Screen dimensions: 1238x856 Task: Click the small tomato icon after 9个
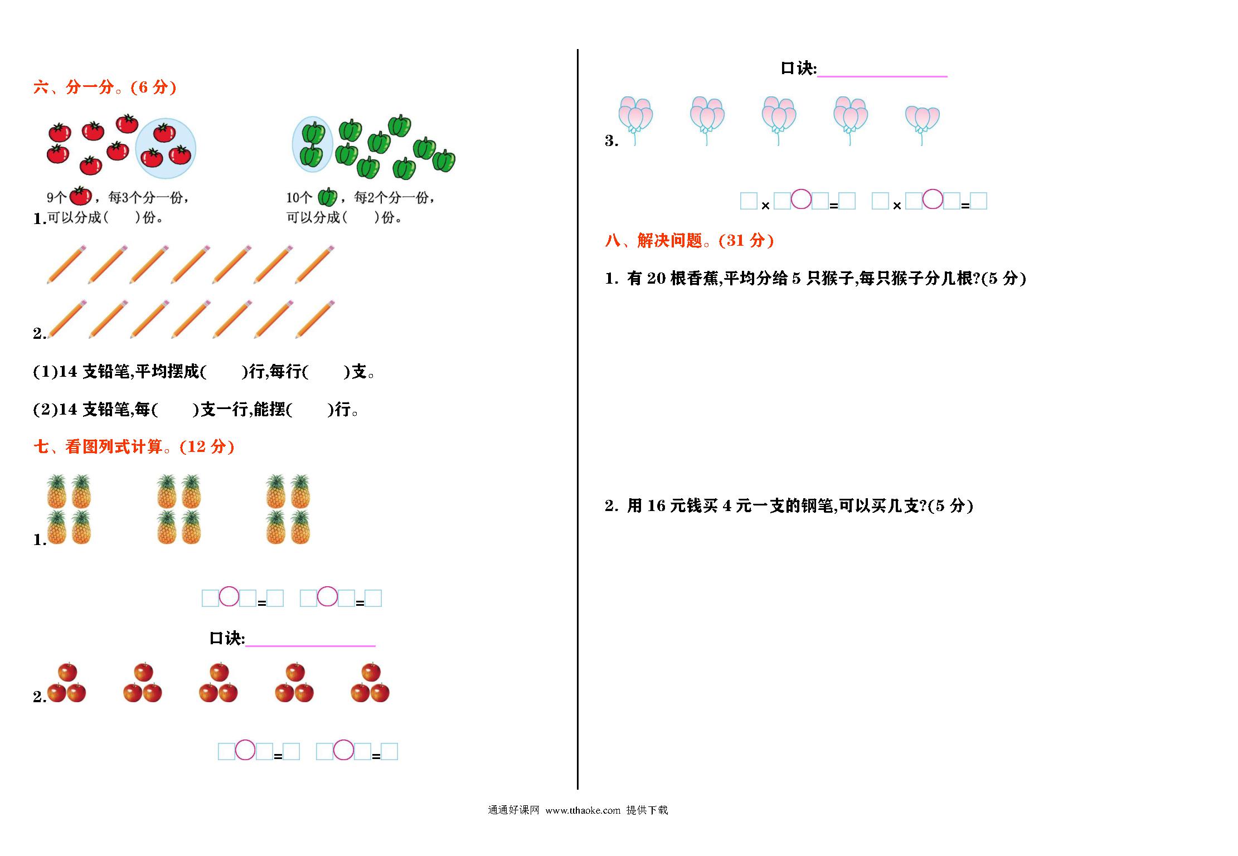[x=80, y=196]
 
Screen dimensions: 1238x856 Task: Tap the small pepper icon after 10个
[x=328, y=197]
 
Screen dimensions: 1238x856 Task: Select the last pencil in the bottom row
[x=315, y=319]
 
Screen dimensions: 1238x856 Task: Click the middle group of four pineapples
[x=179, y=509]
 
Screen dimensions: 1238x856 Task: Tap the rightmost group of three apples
[x=370, y=682]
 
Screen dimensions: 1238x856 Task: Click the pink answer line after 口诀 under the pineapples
[x=310, y=646]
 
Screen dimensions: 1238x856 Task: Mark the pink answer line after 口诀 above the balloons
[x=882, y=76]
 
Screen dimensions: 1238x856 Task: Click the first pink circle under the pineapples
[x=229, y=596]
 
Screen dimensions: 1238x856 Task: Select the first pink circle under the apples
[x=245, y=750]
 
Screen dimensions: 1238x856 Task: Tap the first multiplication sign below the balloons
[x=765, y=206]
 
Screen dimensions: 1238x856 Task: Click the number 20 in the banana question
[x=657, y=278]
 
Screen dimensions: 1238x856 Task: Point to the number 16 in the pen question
[x=657, y=505]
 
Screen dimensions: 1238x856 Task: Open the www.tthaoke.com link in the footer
[x=582, y=810]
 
